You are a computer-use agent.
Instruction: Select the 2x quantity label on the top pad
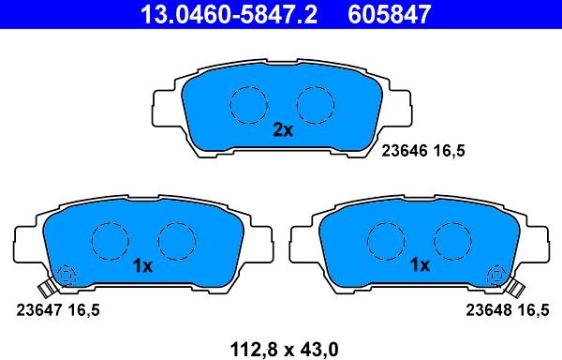(x=282, y=131)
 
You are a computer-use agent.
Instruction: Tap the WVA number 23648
(x=489, y=308)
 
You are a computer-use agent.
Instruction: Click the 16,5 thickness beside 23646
(x=449, y=149)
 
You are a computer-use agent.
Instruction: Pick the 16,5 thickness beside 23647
(x=83, y=308)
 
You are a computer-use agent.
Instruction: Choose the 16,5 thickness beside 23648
(x=533, y=308)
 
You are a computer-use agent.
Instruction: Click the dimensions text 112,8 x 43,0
(x=280, y=349)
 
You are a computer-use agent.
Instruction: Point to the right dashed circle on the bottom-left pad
(x=174, y=242)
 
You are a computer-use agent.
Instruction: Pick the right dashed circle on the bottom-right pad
(x=451, y=242)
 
